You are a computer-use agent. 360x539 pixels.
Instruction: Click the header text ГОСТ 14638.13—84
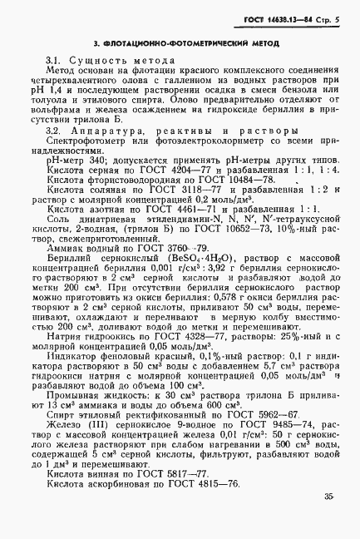coord(289,17)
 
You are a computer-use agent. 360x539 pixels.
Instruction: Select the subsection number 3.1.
coord(56,61)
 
